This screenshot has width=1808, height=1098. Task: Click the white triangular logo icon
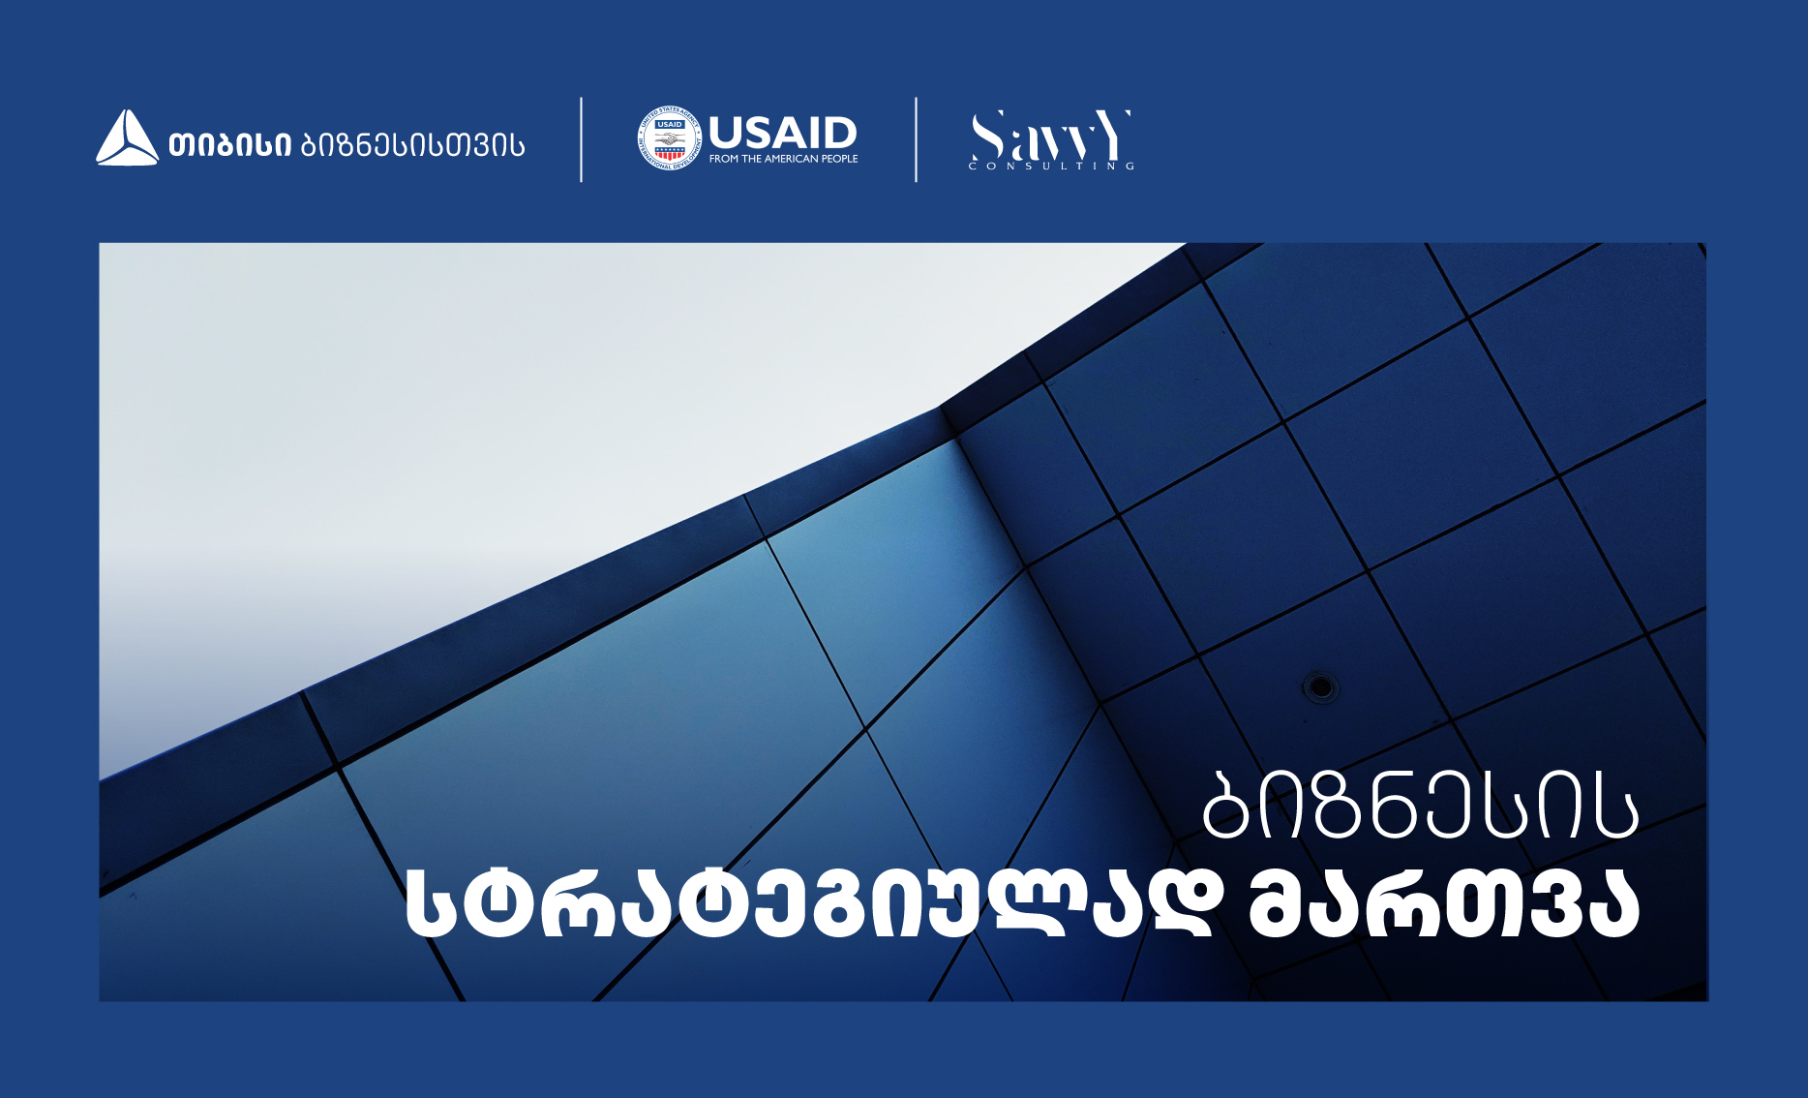click(x=127, y=138)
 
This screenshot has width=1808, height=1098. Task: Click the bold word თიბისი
click(x=230, y=145)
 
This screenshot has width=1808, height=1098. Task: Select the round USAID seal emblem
click(x=669, y=138)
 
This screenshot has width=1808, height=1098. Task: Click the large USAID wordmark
click(x=783, y=133)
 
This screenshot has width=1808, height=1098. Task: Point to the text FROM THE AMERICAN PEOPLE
click(x=784, y=159)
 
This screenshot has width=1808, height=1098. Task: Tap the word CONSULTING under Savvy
click(x=1051, y=167)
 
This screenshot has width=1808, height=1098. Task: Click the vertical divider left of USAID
click(x=581, y=139)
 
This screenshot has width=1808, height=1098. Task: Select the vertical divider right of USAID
click(x=916, y=139)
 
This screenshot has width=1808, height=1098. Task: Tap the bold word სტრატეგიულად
click(x=809, y=903)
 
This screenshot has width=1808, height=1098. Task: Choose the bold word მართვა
click(x=1444, y=903)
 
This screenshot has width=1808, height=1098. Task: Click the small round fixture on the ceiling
click(x=1320, y=687)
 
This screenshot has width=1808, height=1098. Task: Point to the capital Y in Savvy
click(x=1113, y=135)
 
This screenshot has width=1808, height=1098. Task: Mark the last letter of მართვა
click(x=1612, y=903)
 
